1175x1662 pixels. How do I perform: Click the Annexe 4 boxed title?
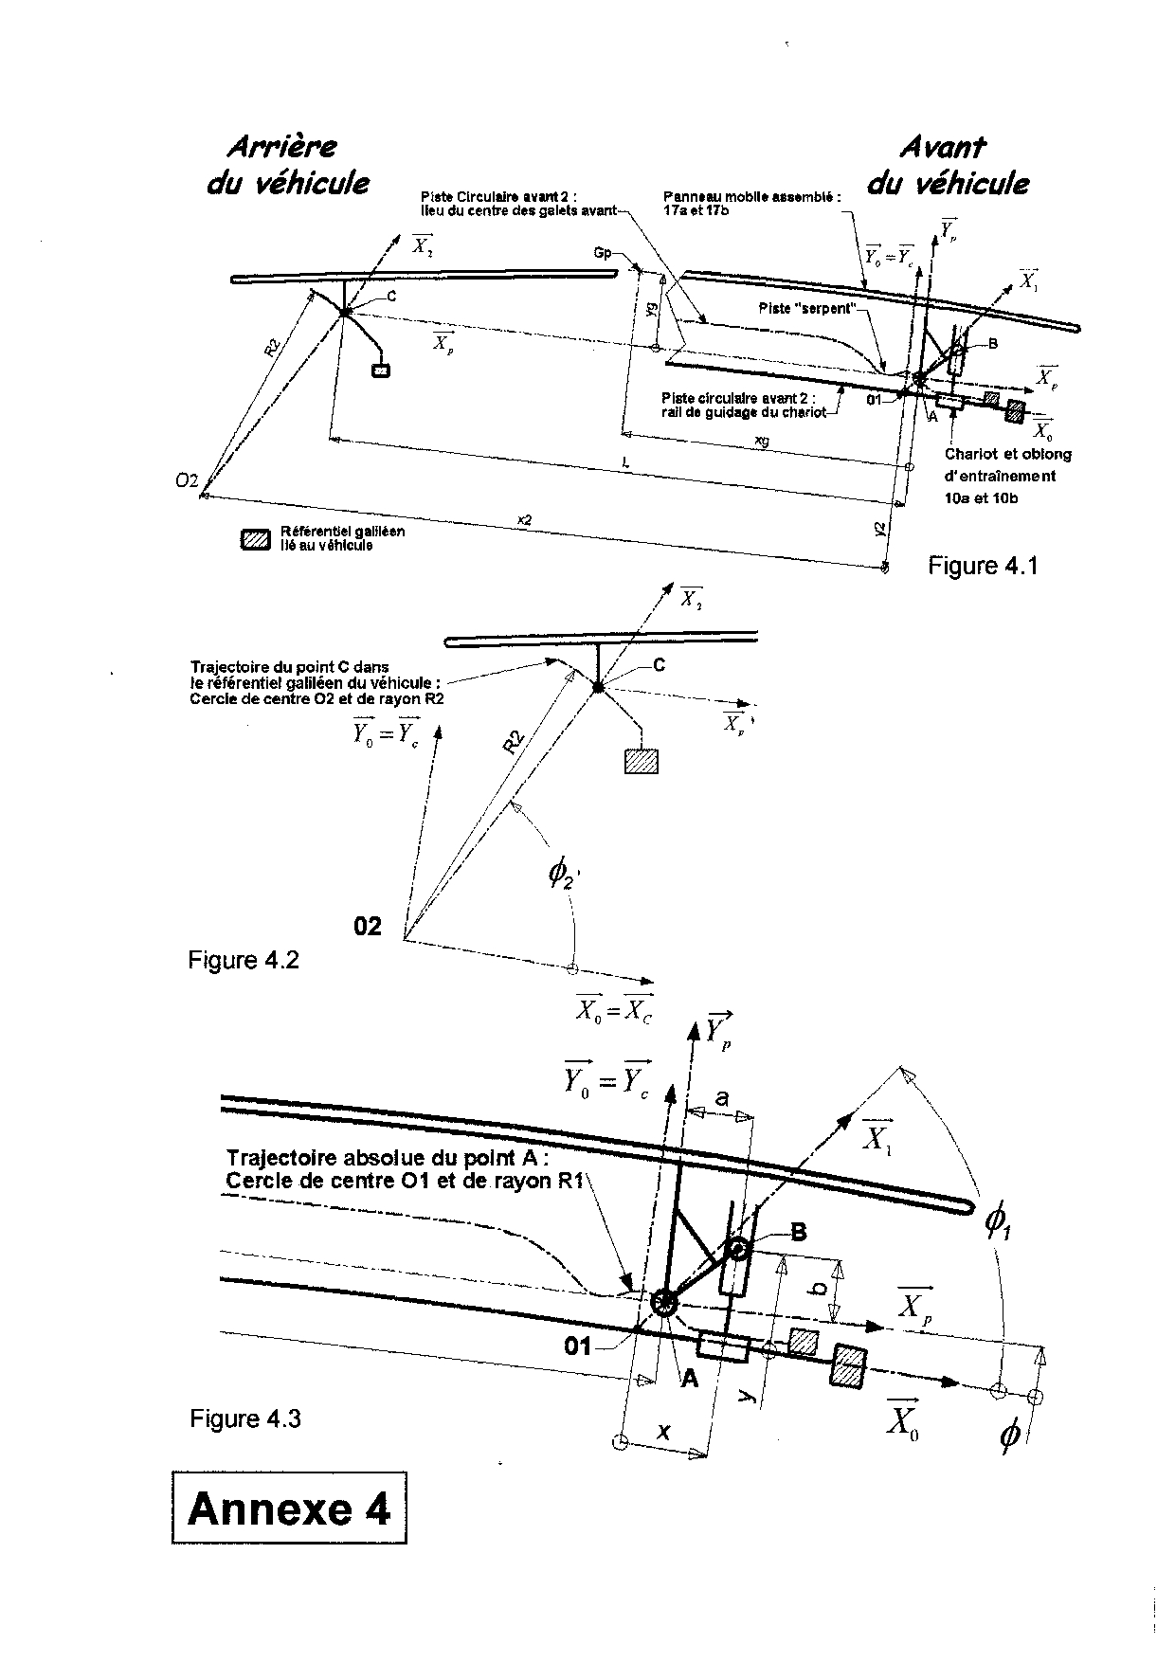(289, 1508)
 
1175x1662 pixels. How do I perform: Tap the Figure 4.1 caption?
(983, 567)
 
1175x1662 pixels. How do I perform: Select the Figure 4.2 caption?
(244, 960)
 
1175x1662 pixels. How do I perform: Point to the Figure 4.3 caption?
(245, 1418)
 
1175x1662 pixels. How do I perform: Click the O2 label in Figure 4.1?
(187, 481)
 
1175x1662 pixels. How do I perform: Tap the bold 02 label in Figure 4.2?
(368, 926)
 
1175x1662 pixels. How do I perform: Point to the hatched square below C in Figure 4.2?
(641, 761)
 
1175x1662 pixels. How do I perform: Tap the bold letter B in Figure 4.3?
(798, 1232)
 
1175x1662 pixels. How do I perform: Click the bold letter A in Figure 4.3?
(690, 1379)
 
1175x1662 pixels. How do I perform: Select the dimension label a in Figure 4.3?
(722, 1098)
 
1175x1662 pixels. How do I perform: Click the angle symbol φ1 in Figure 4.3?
(997, 1225)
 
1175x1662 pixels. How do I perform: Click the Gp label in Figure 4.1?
(602, 253)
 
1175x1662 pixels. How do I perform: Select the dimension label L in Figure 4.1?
(626, 461)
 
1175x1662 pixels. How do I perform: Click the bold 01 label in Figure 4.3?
(578, 1346)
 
